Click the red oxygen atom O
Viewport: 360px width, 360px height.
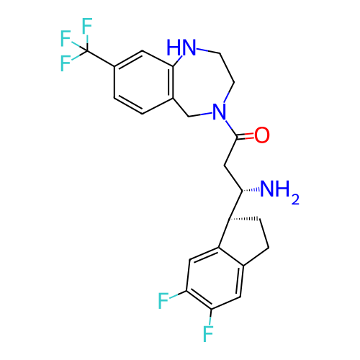pyautogui.click(x=262, y=135)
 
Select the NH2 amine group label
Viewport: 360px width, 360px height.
pyautogui.click(x=279, y=192)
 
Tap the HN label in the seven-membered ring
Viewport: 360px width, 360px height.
pyautogui.click(x=181, y=47)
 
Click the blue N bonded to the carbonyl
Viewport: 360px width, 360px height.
pyautogui.click(x=220, y=112)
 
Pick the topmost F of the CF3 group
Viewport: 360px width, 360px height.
pyautogui.click(x=87, y=26)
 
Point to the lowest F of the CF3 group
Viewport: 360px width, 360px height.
pyautogui.click(x=66, y=63)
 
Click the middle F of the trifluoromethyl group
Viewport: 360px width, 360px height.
pyautogui.click(x=66, y=38)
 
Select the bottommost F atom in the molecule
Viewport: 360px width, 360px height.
pyautogui.click(x=208, y=334)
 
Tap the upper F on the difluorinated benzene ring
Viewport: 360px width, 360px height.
pyautogui.click(x=163, y=301)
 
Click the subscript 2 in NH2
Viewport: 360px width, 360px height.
pyautogui.click(x=295, y=199)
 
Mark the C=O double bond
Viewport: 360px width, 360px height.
pyautogui.click(x=246, y=137)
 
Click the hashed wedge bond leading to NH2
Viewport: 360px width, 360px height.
pyautogui.click(x=251, y=190)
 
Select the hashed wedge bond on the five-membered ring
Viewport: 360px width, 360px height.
pyautogui.click(x=243, y=219)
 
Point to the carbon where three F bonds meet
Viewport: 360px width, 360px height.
pyautogui.click(x=87, y=51)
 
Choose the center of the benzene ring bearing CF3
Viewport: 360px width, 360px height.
pyautogui.click(x=143, y=82)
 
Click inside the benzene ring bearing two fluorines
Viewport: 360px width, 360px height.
pyautogui.click(x=215, y=279)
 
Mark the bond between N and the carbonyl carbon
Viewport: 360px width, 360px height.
pyautogui.click(x=231, y=129)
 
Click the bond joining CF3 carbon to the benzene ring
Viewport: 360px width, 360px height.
pyautogui.click(x=101, y=58)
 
